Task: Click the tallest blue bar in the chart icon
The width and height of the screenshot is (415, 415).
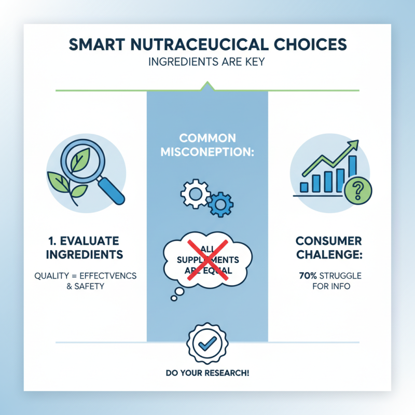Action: coord(352,173)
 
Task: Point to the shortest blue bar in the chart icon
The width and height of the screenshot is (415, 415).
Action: coord(305,187)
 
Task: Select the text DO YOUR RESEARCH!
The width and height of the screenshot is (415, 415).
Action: coord(208,373)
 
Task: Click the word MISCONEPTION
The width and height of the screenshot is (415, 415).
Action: coord(207,153)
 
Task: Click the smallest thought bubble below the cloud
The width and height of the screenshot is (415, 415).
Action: coord(172,298)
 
